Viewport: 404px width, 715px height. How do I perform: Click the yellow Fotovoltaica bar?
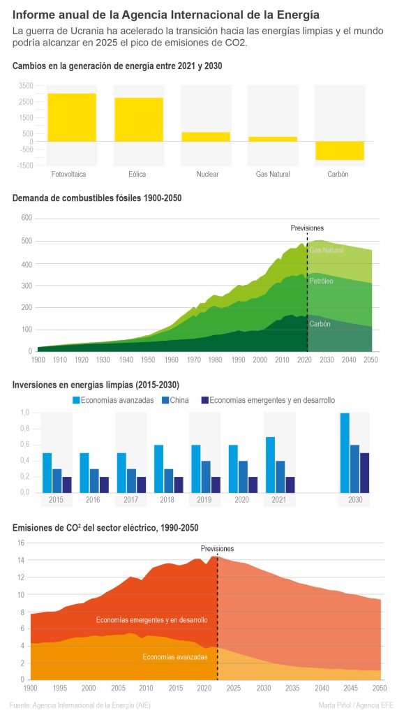(72, 117)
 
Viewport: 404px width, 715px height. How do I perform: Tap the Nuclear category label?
(208, 174)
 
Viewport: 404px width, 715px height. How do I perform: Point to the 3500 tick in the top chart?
(27, 86)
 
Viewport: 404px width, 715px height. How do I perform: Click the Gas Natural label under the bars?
(273, 174)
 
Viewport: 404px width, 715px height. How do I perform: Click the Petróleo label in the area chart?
(321, 281)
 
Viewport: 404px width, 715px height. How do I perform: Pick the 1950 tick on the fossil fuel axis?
(147, 360)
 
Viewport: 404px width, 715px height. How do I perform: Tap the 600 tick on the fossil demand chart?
(27, 219)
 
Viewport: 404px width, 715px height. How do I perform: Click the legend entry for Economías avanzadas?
(114, 400)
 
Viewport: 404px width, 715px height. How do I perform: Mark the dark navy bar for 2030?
(365, 473)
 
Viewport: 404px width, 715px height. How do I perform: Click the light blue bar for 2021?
(271, 464)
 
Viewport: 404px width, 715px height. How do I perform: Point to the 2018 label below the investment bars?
(167, 500)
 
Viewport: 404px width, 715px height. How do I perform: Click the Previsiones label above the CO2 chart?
(217, 549)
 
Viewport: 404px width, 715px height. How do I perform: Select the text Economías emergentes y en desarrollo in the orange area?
(151, 620)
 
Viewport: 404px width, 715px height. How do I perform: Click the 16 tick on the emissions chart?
(20, 543)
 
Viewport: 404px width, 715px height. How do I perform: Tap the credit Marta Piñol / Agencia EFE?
(355, 705)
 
